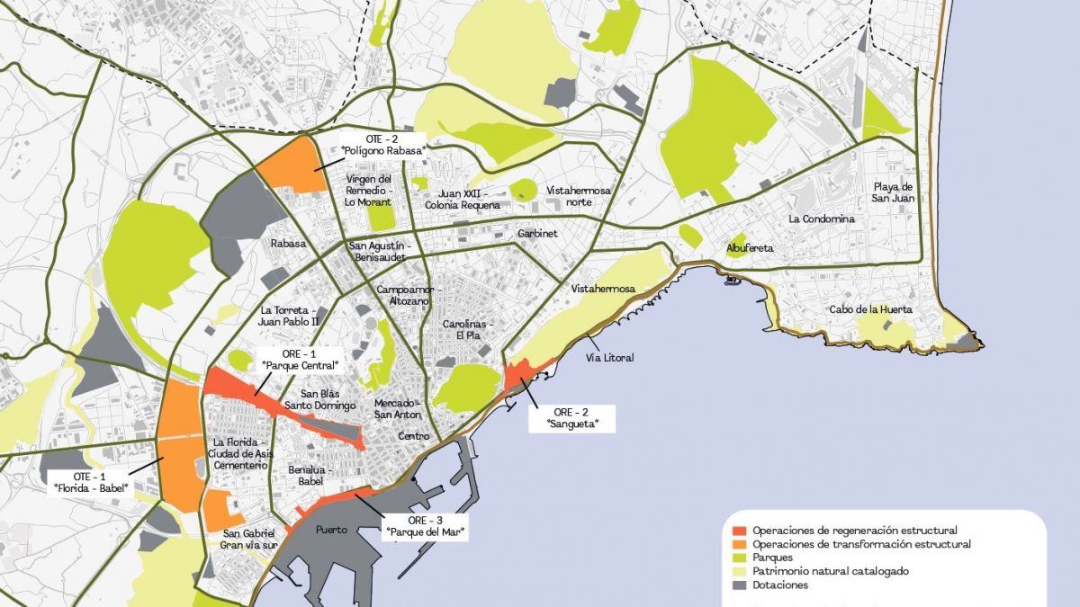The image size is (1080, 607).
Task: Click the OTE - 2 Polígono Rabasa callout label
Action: (382, 145)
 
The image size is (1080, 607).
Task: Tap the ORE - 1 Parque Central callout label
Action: (299, 359)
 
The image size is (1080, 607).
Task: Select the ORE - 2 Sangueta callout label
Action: (571, 416)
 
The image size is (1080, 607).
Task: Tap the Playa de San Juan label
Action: (893, 192)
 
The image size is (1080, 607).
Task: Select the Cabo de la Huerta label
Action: (870, 309)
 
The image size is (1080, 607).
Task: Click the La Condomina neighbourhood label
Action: (820, 219)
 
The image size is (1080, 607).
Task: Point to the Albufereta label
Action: (751, 248)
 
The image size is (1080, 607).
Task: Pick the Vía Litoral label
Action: (609, 358)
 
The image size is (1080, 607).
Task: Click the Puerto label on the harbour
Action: (331, 530)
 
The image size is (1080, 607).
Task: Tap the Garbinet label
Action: (537, 233)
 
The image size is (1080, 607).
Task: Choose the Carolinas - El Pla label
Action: (469, 329)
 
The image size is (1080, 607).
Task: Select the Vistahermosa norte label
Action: (579, 197)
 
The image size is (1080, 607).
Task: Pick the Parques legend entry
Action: (772, 558)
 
